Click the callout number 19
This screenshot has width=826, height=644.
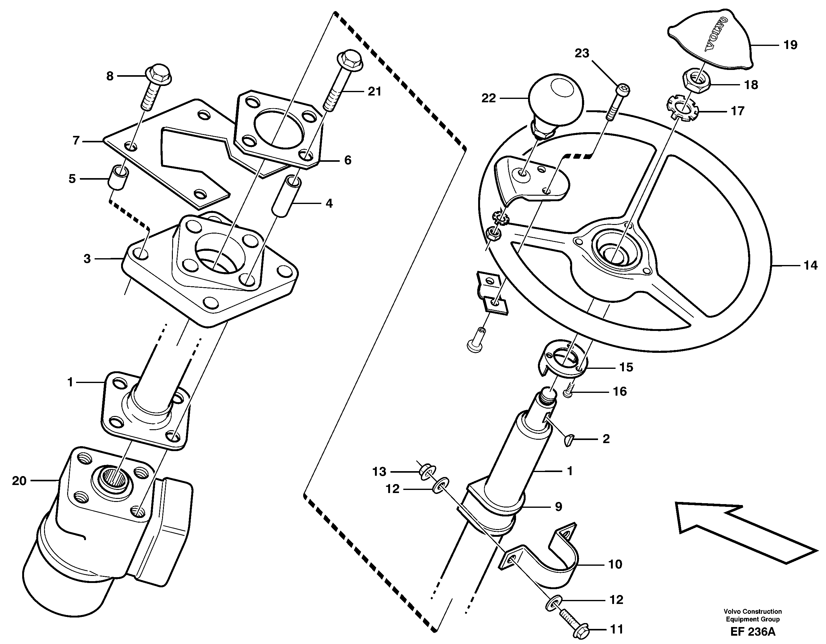click(x=790, y=45)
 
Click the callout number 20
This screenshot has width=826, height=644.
click(x=19, y=481)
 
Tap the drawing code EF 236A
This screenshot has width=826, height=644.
click(x=753, y=632)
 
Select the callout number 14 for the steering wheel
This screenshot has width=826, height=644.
click(x=810, y=266)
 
